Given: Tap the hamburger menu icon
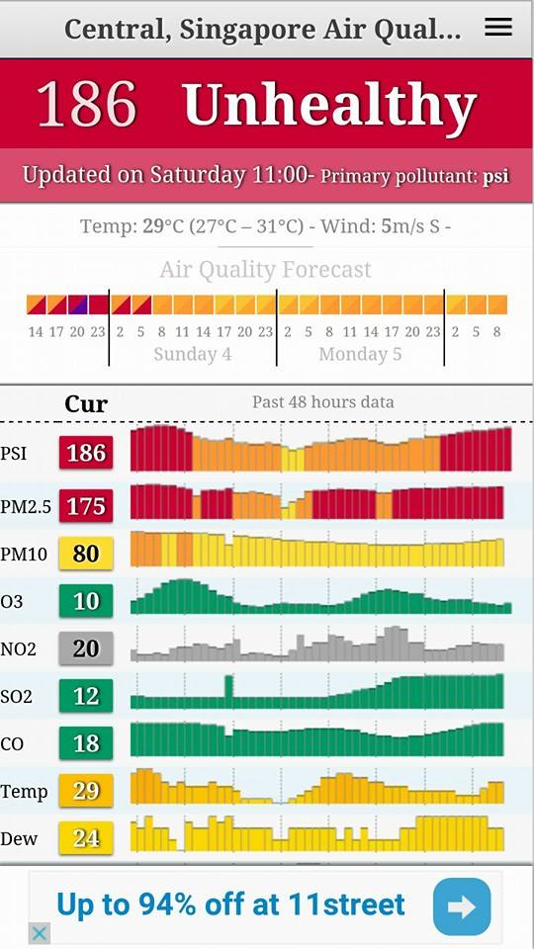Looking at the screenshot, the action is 498,28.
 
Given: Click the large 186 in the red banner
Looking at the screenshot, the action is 87,104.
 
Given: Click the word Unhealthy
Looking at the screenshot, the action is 329,104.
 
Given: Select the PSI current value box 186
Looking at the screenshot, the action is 86,453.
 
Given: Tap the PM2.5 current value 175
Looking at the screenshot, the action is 86,506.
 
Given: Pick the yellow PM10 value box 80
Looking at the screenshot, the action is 86,554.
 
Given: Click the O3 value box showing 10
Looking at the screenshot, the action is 86,601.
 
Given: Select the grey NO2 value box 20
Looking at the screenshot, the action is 86,648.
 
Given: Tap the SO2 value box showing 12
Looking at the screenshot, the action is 86,696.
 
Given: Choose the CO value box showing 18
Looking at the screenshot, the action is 86,743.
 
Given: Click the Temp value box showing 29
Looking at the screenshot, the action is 86,791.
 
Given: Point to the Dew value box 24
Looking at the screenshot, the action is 86,838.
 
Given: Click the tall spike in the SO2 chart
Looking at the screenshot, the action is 228,691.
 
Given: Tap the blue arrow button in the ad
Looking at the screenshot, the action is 462,906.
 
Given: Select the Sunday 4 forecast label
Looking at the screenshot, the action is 193,354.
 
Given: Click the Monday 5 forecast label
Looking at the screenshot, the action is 360,354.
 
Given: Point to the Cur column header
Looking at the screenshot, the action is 86,403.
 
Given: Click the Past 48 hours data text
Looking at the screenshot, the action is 322,402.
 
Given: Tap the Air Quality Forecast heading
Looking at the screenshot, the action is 265,269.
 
